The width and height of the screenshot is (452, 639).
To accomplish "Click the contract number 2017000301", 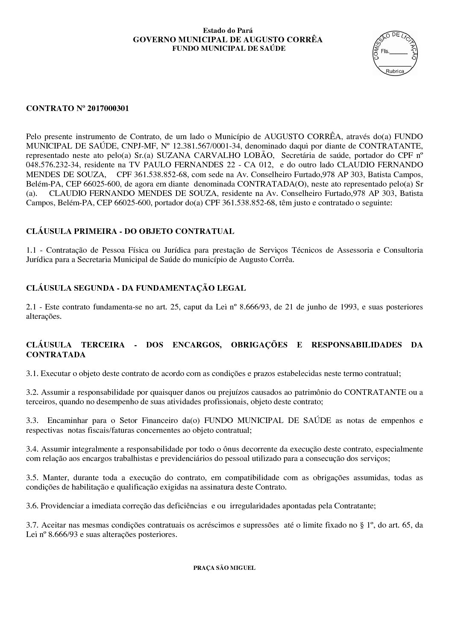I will click(x=108, y=108).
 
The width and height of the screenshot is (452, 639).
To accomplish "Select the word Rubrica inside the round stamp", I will click(x=395, y=71).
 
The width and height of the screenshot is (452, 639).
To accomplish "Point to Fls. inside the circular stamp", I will click(x=385, y=51).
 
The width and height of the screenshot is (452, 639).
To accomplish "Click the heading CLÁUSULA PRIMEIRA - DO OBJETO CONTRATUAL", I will click(x=130, y=231).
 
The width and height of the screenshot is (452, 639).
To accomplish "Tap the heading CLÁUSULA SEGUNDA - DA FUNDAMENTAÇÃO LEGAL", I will click(x=136, y=288).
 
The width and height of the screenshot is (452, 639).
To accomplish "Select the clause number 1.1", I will click(x=32, y=250).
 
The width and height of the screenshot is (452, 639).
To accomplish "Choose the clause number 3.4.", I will click(x=32, y=449).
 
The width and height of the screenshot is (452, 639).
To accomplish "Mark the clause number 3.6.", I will click(x=32, y=506).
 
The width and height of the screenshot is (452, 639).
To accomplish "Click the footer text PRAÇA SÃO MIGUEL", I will click(x=224, y=568).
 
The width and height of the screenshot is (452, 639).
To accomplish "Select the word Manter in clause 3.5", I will click(x=53, y=477).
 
